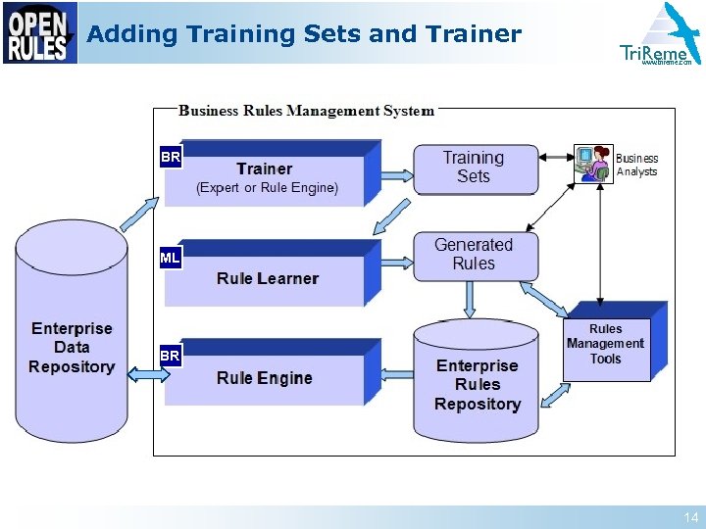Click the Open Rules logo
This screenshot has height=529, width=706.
[39, 33]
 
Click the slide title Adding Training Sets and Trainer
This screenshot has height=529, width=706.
[304, 34]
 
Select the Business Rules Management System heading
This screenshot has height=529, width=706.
[306, 111]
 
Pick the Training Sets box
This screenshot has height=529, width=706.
[475, 168]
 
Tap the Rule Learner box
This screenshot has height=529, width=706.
[267, 277]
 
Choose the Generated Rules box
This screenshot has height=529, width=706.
[475, 256]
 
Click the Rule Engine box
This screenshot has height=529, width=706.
[265, 377]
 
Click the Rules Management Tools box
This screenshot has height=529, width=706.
[606, 344]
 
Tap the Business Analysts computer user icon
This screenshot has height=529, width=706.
[592, 163]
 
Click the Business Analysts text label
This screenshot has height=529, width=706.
[637, 165]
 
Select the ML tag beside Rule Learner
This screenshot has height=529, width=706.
[170, 259]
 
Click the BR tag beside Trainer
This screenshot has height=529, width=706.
[170, 157]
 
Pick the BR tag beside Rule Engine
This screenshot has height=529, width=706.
[170, 357]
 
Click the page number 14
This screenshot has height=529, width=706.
[691, 517]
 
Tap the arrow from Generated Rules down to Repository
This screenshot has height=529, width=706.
[470, 302]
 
